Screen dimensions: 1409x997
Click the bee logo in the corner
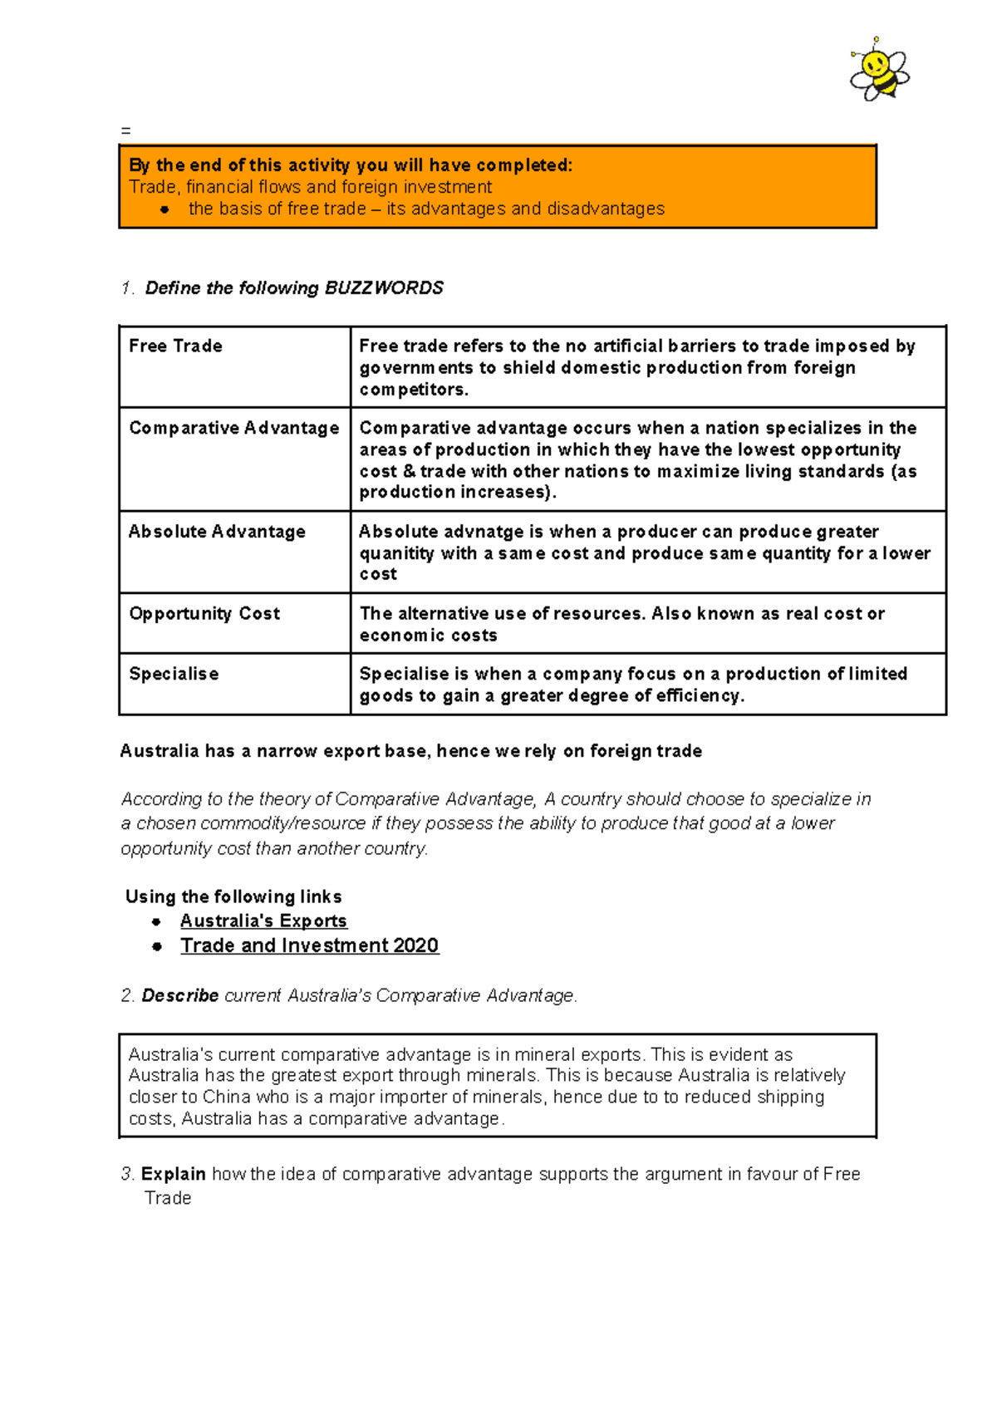(879, 71)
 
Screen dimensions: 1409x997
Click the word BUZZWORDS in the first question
(384, 288)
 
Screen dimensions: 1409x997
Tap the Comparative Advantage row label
(233, 429)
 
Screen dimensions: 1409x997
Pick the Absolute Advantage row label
(217, 532)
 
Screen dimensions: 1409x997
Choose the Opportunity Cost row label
(204, 614)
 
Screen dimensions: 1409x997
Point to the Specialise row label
(174, 675)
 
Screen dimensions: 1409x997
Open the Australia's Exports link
(263, 921)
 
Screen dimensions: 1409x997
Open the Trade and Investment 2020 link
(309, 946)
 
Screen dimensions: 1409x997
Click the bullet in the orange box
(165, 210)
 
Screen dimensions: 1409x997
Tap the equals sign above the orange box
(125, 131)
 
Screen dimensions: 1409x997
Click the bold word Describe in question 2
(179, 995)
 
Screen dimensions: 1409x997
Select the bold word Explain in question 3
(173, 1174)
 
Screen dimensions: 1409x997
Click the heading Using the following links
(233, 897)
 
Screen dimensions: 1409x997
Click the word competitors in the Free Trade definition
(413, 390)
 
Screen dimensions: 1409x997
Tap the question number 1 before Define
(126, 288)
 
